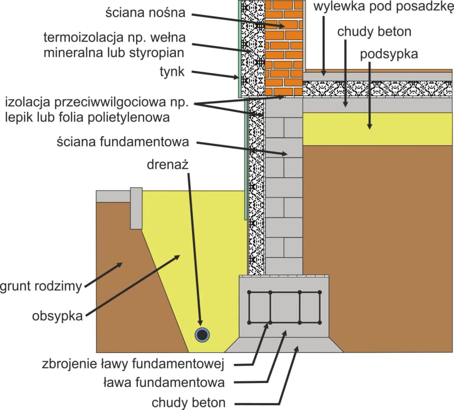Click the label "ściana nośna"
pos(145,13)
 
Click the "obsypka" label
pos(57,316)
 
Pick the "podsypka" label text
pos(389,54)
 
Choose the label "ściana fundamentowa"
pos(122,142)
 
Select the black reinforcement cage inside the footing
pos(285,307)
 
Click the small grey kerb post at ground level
pos(136,208)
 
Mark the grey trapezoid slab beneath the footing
pos(284,345)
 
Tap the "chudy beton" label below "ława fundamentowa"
pos(189,402)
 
